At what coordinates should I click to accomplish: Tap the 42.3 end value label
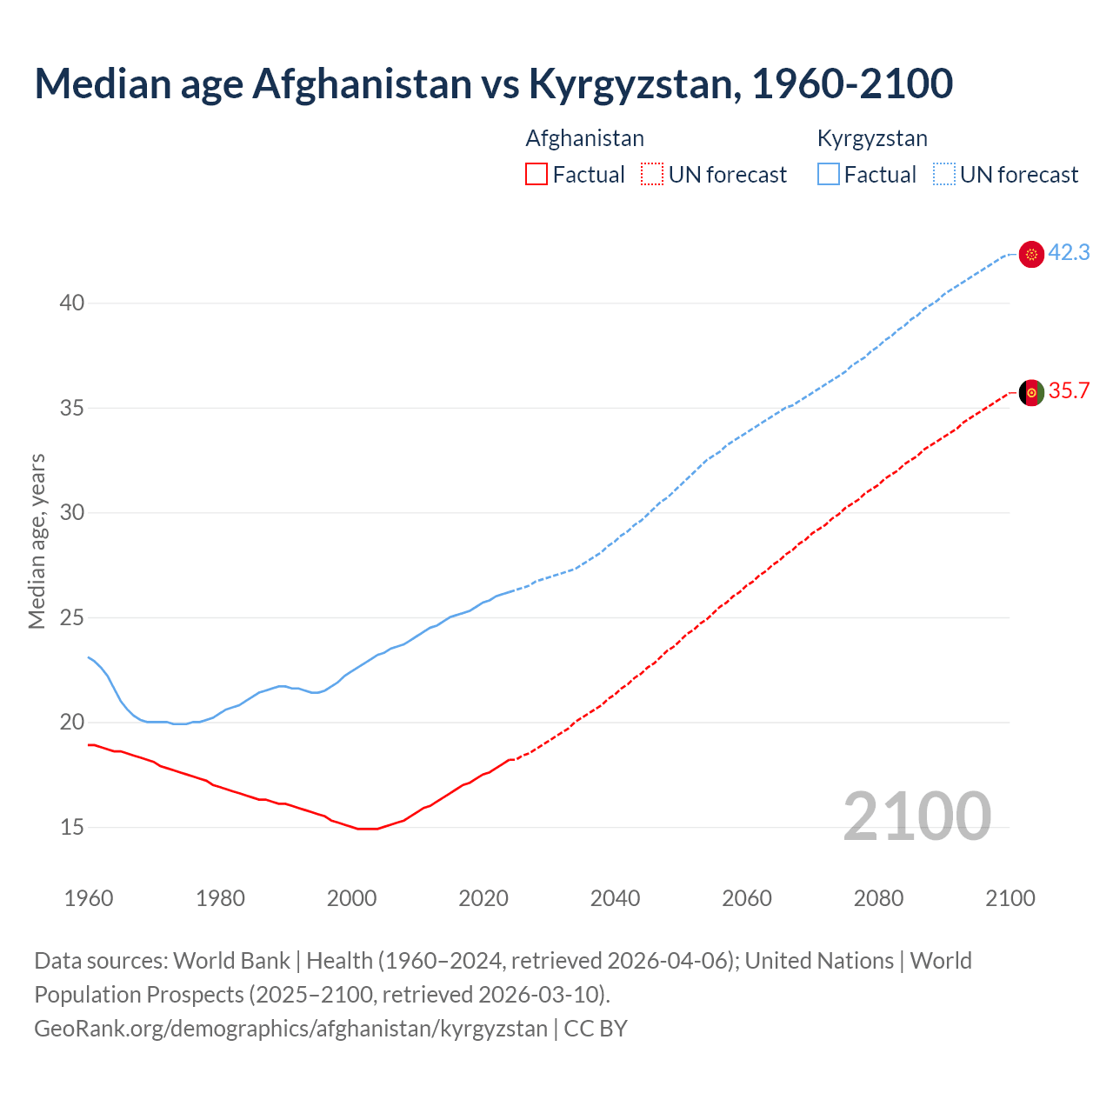tap(1069, 253)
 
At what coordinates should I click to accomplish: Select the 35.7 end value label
tap(1069, 391)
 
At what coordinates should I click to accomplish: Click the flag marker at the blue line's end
tap(1031, 254)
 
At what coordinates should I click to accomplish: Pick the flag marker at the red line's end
tap(1031, 392)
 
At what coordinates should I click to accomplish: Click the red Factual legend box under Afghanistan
tap(537, 175)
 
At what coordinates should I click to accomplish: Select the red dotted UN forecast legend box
tap(652, 175)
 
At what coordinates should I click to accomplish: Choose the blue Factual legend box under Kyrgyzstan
tap(829, 175)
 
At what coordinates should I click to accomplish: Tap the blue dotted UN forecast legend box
tap(944, 175)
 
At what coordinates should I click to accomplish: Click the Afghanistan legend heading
tap(584, 138)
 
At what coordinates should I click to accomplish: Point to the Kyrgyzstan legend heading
tap(872, 138)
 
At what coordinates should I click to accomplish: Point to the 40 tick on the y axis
tap(72, 303)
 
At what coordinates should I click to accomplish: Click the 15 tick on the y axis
tap(72, 827)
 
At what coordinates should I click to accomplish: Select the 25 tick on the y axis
tap(72, 617)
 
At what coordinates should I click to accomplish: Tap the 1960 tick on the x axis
tap(89, 898)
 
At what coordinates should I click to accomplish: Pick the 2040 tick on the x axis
tap(615, 898)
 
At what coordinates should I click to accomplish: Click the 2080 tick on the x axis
tap(878, 898)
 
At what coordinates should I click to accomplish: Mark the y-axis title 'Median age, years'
tap(37, 541)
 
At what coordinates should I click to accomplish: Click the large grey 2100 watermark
tap(916, 816)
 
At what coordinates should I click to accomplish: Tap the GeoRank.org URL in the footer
tap(290, 1029)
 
